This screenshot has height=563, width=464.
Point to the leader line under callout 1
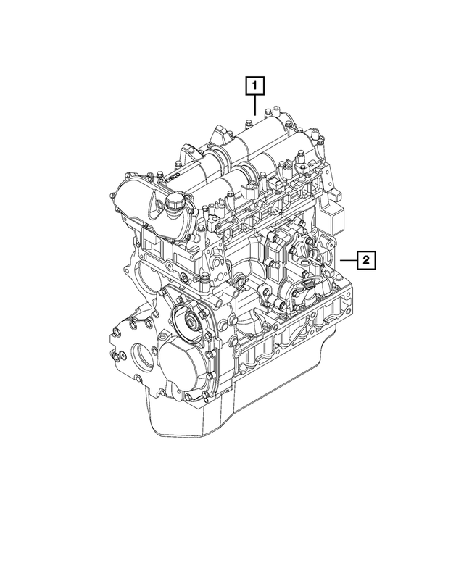254,105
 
